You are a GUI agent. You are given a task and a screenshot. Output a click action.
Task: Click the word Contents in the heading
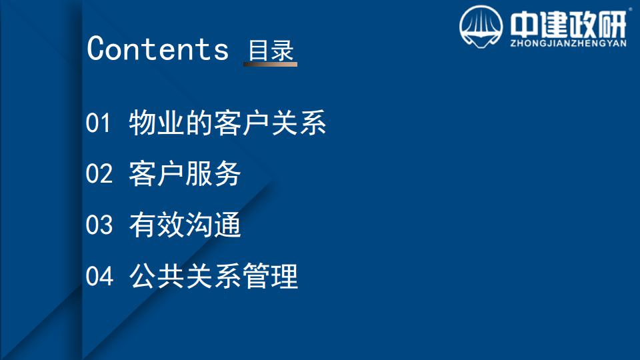click(x=157, y=49)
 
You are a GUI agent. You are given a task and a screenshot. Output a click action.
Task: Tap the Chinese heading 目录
click(x=271, y=50)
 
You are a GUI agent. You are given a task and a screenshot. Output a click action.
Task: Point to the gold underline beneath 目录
click(x=270, y=64)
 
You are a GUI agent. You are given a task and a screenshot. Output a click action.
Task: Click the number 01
click(x=98, y=123)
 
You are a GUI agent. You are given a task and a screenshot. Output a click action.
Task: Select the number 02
click(x=99, y=173)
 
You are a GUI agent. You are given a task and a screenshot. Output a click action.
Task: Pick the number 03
click(x=99, y=225)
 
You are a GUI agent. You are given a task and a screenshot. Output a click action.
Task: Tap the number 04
click(x=99, y=276)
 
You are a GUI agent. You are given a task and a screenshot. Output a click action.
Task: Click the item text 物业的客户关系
click(x=227, y=123)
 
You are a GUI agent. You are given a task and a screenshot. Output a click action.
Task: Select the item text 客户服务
click(x=185, y=173)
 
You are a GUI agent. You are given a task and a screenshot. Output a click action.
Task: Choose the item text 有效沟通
click(x=185, y=225)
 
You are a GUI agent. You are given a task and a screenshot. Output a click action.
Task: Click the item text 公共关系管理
click(x=213, y=276)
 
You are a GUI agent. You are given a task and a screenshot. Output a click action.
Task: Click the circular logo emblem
click(x=481, y=27)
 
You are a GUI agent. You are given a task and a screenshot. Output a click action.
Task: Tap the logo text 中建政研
click(x=568, y=25)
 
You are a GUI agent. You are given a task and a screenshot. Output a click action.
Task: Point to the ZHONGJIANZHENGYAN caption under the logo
click(x=568, y=43)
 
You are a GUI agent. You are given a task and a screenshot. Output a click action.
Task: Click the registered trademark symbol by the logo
click(x=630, y=9)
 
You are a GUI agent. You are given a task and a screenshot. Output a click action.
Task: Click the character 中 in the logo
click(x=525, y=25)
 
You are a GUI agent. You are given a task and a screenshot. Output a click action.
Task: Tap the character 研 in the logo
click(x=612, y=25)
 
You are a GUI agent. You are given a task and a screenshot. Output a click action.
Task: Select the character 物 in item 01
click(x=143, y=123)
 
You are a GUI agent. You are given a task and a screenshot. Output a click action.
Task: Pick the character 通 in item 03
click(x=227, y=225)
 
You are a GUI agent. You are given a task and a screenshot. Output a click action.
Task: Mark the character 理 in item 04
click(x=285, y=276)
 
